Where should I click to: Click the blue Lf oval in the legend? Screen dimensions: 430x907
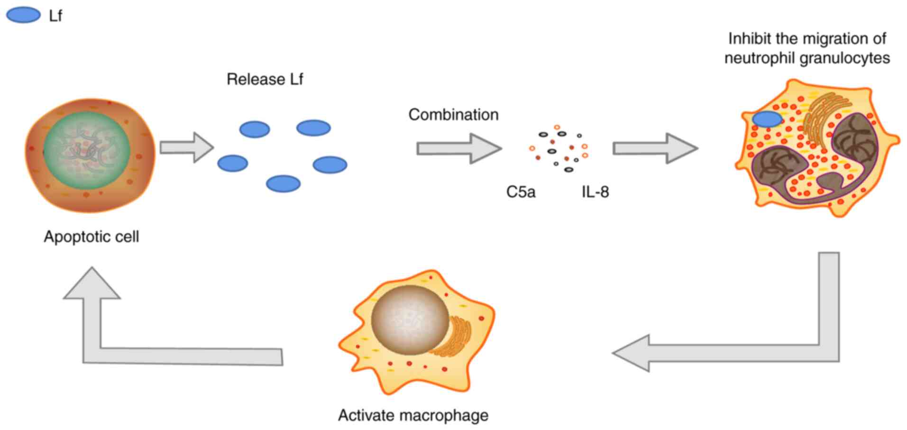point(23,15)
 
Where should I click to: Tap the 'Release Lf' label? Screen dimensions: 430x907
point(265,79)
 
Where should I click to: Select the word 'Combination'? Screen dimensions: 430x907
point(453,115)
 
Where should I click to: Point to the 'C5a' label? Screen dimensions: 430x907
point(521,192)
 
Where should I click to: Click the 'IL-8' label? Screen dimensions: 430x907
point(595,192)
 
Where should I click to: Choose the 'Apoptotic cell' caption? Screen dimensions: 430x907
point(92,237)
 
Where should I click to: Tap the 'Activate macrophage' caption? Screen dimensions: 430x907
point(413,415)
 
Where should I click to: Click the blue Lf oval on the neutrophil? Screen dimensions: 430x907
point(767,119)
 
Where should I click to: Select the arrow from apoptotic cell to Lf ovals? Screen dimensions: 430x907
point(186,147)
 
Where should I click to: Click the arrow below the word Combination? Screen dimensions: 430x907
point(458,148)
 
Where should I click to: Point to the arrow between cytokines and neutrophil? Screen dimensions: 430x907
point(655,148)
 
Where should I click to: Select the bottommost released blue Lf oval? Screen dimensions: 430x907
point(283,183)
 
